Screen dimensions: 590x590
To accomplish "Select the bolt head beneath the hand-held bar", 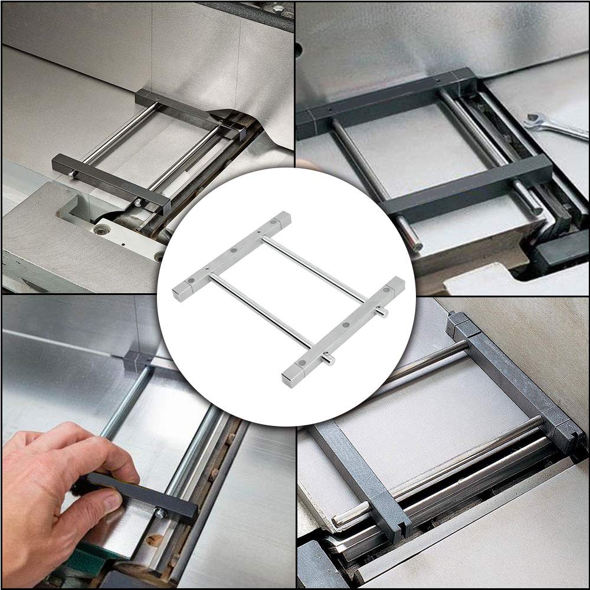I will coord(159,513).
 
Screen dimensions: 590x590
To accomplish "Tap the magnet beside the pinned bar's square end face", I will coord(302,363).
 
